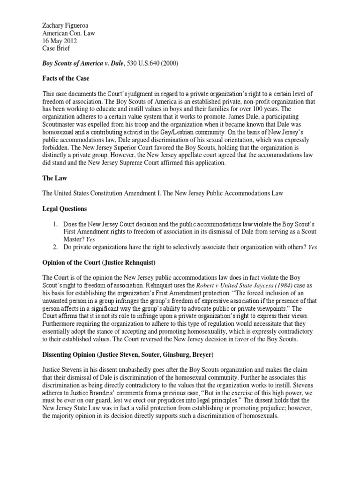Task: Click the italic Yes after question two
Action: point(312,247)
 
